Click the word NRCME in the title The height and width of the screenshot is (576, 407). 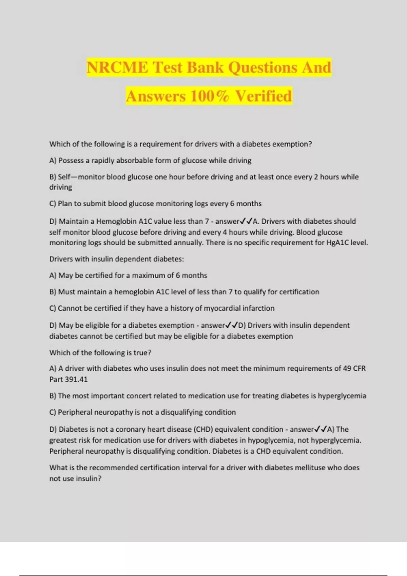pos(117,67)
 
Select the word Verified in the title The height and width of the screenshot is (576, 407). pos(263,96)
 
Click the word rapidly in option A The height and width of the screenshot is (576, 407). pos(103,161)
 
